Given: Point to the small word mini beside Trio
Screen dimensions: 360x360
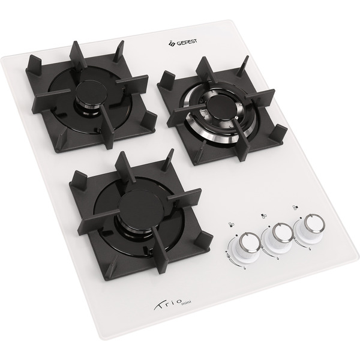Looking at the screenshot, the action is pos(186,304).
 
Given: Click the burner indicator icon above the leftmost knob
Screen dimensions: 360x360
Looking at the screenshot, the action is pos(231,224).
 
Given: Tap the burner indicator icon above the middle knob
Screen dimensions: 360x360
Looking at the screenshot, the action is pos(263,215).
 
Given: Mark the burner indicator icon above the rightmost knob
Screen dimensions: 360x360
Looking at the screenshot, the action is pos(295,208).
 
